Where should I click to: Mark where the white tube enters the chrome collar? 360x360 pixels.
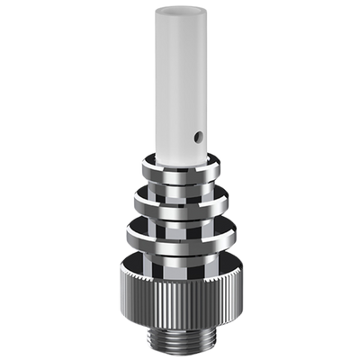point(180,155)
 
